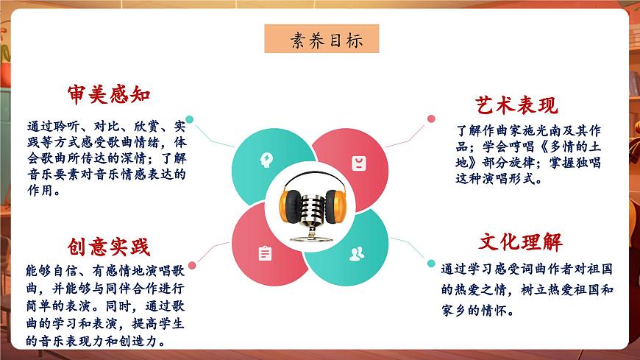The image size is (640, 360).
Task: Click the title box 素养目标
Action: coord(322,40)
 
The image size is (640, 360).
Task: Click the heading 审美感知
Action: coord(110,94)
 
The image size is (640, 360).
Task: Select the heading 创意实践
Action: coord(108,247)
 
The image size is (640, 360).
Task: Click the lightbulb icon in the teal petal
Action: coord(265,158)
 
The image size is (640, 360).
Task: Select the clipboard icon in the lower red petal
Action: coord(265,253)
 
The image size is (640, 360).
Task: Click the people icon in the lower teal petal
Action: coord(357,254)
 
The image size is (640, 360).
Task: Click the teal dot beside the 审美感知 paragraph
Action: coord(190,119)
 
